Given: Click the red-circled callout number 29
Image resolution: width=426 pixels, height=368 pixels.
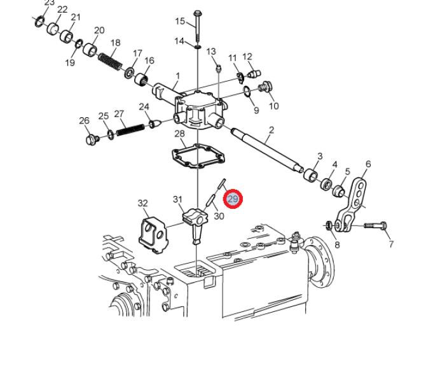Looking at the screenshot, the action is (233, 199).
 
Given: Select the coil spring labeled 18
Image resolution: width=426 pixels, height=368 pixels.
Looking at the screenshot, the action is (110, 62).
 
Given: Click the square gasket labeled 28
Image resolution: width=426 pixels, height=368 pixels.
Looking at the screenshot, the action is (199, 156).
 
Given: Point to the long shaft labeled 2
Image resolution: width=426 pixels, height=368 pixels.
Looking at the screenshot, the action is (267, 150).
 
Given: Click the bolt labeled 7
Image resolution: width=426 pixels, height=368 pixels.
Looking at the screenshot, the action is (375, 225).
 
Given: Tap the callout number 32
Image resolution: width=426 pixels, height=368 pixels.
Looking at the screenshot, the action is (142, 203).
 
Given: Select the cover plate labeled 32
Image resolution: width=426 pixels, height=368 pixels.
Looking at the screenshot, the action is (153, 235).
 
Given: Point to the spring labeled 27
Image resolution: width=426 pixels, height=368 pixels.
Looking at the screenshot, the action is (130, 130).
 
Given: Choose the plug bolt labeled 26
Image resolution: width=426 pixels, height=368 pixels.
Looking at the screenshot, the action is (92, 139).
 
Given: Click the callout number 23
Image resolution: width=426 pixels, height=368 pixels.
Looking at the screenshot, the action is (49, 3).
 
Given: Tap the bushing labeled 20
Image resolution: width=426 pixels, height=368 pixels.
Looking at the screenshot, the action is (90, 50).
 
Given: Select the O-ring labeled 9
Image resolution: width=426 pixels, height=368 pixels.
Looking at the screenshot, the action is (247, 91).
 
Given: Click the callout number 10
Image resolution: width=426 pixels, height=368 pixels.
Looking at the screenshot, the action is (274, 106).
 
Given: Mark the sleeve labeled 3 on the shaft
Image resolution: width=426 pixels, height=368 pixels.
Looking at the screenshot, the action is (310, 176).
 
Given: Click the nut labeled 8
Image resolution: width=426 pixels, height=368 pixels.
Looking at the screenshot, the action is (329, 225).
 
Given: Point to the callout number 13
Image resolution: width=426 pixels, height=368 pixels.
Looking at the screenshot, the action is (211, 51).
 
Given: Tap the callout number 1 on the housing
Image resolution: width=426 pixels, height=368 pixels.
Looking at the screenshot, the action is (178, 76).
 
